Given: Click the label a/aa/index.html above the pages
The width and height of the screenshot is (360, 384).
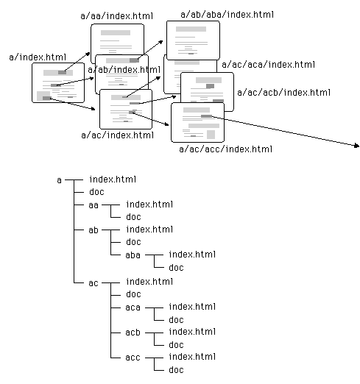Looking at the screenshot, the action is point(117,16).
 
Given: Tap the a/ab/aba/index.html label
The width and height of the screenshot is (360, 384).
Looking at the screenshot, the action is point(227,15).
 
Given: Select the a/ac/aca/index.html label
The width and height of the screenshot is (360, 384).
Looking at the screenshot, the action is point(268,65).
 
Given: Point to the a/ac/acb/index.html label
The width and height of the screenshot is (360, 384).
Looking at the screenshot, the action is point(283,93).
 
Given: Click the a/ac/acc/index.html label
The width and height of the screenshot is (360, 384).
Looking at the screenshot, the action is point(225,149).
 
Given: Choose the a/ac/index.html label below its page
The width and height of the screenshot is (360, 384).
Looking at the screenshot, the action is point(118,135).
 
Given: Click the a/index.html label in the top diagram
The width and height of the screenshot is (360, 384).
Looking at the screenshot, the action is point(38,57).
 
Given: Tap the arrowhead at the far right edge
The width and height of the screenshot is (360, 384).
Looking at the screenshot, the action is point(357,146).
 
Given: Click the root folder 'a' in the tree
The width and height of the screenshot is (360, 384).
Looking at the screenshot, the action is point(59,180).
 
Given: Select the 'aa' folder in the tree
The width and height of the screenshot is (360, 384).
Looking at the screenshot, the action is point(93,205).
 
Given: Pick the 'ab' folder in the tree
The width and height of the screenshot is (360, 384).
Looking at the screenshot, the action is point(93,230).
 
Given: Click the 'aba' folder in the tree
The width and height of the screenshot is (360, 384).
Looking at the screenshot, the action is point(133,255).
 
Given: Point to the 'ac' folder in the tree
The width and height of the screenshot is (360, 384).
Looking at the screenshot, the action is point(93,283).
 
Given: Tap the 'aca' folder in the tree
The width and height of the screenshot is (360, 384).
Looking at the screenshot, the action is point(133,307).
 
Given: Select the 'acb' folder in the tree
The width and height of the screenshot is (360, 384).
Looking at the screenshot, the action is point(133,333).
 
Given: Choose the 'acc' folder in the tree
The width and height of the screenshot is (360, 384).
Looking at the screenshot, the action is point(133,358).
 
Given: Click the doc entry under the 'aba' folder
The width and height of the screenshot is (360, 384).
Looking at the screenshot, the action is point(176,268).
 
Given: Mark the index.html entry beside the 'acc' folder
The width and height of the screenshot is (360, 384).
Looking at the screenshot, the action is point(192,357).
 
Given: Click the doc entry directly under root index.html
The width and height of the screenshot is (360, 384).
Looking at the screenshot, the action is point(96,192).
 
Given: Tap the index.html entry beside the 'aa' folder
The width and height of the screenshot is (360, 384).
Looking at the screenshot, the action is point(149,205).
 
